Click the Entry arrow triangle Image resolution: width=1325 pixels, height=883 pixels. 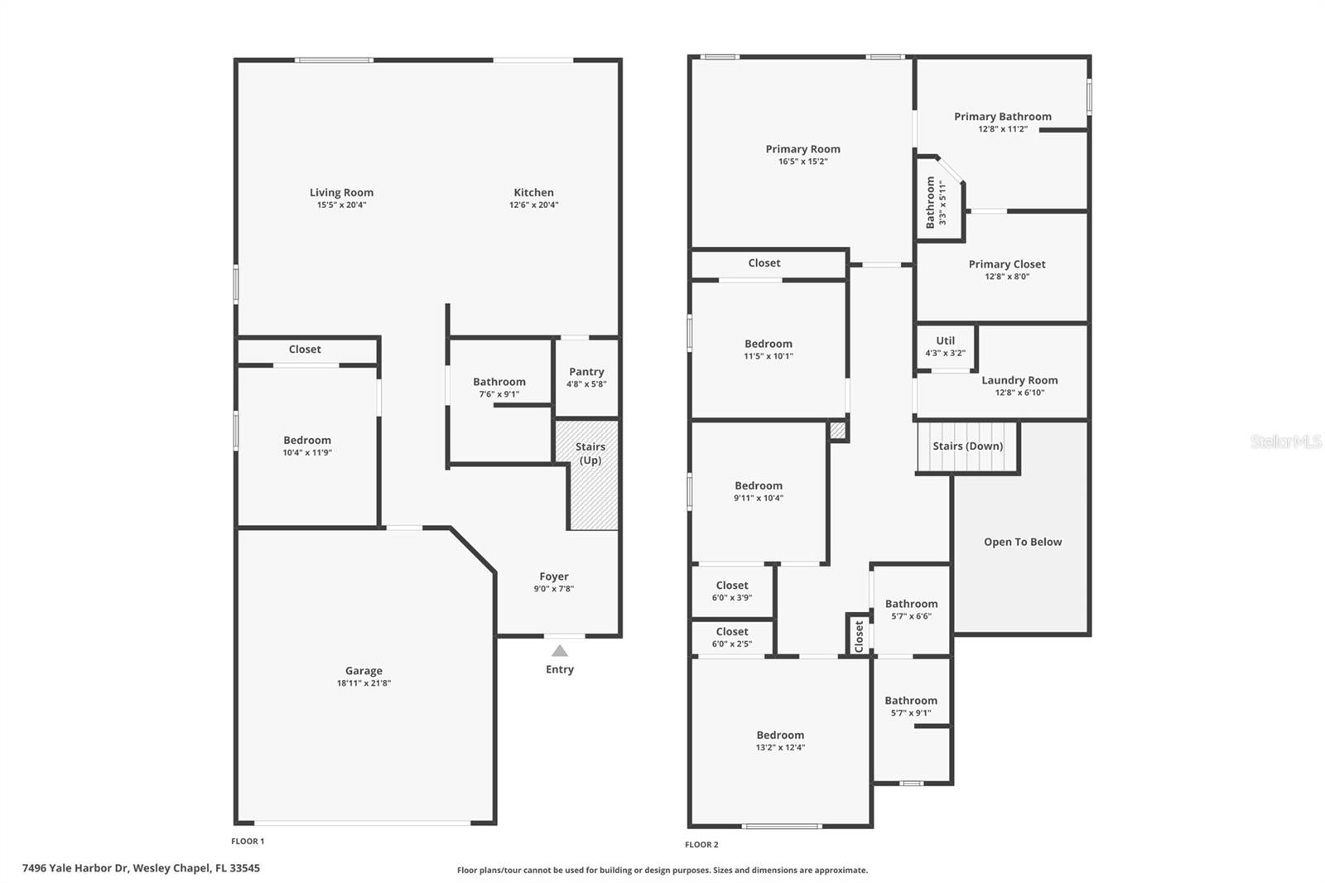tap(560, 651)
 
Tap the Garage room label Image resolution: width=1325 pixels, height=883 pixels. tap(364, 671)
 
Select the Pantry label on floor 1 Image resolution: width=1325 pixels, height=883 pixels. tap(586, 372)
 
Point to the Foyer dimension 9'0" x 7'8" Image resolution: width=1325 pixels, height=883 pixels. tap(553, 589)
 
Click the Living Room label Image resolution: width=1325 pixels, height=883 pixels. tap(341, 192)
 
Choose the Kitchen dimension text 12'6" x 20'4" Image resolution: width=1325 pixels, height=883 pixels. tap(533, 205)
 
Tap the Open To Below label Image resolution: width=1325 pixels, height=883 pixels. tap(1023, 542)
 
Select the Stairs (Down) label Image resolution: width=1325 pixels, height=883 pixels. tap(967, 446)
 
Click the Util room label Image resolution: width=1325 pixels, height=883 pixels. tap(945, 340)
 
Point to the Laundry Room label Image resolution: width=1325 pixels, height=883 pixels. tap(1019, 380)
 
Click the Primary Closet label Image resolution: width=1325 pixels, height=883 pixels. tap(1007, 264)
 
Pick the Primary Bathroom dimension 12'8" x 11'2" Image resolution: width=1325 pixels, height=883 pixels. tap(1002, 129)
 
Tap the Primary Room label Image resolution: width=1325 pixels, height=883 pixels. tap(802, 149)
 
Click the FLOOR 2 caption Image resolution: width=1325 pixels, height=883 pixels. tap(701, 845)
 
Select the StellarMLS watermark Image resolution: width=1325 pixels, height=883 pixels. tap(1286, 441)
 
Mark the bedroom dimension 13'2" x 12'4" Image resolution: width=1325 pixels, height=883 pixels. tap(780, 747)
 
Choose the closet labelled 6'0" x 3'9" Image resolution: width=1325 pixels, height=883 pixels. tap(731, 591)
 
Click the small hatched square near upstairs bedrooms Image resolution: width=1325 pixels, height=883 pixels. tap(837, 431)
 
